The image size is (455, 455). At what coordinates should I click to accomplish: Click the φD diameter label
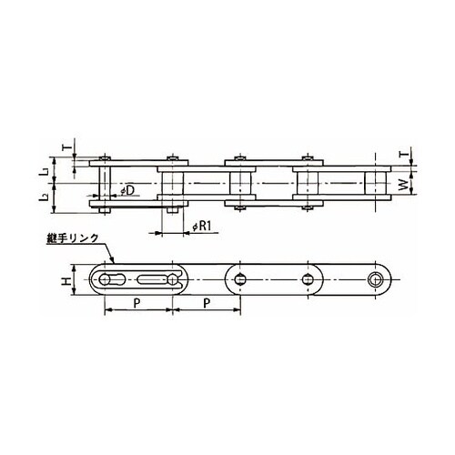pyautogui.click(x=127, y=190)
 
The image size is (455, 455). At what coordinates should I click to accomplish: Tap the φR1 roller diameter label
pyautogui.click(x=202, y=226)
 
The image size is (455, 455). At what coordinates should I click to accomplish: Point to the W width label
pyautogui.click(x=403, y=185)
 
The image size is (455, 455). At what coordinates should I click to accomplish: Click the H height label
pyautogui.click(x=66, y=281)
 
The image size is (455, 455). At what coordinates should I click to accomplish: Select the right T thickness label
pyautogui.click(x=402, y=154)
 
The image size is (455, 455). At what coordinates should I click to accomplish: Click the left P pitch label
pyautogui.click(x=137, y=303)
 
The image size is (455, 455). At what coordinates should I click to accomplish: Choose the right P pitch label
pyautogui.click(x=207, y=303)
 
